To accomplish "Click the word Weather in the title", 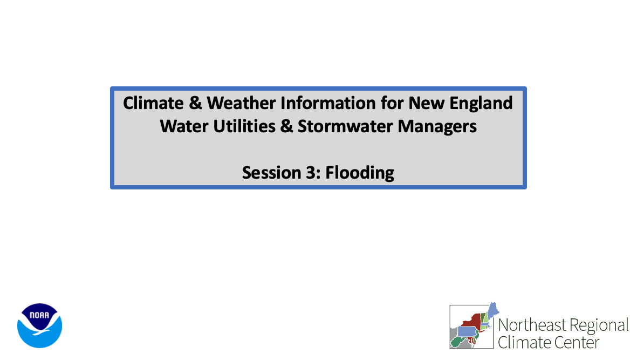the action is pyautogui.click(x=241, y=103).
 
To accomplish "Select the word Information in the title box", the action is pyautogui.click(x=328, y=103).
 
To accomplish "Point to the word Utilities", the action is pyautogui.click(x=244, y=126).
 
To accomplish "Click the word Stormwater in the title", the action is pyautogui.click(x=345, y=126).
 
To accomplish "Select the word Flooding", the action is pyautogui.click(x=360, y=173).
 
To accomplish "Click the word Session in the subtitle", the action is pyautogui.click(x=272, y=173).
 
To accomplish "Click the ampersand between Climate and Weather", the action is pyautogui.click(x=195, y=103).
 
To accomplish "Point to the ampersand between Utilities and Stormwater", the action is pyautogui.click(x=286, y=126).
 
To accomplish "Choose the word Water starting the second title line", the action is pyautogui.click(x=184, y=126).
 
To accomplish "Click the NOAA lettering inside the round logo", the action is pyautogui.click(x=39, y=315).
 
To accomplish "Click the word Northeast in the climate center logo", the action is pyautogui.click(x=532, y=325).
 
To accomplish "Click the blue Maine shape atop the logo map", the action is pyautogui.click(x=493, y=310).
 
